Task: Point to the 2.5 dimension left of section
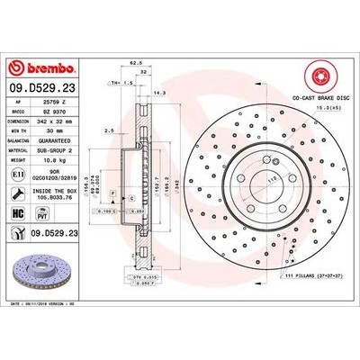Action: point(108,130)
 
